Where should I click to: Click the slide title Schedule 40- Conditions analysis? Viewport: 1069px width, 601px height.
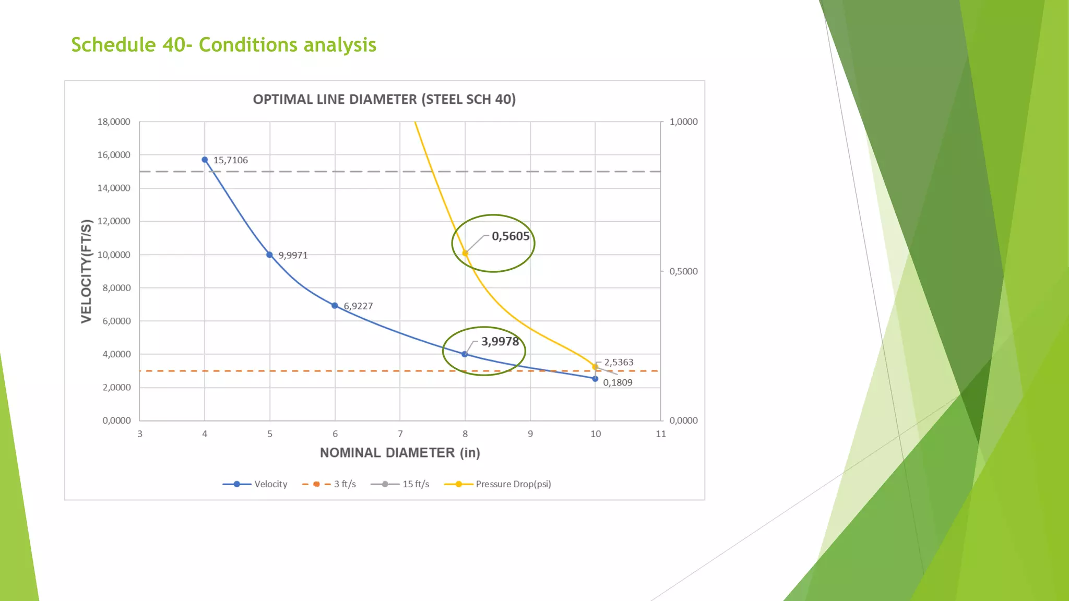point(223,45)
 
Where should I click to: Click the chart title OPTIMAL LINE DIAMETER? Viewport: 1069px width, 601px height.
point(384,99)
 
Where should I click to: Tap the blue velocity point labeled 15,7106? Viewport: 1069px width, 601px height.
point(205,160)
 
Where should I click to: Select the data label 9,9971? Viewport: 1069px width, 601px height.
point(293,255)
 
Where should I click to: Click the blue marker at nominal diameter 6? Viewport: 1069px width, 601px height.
point(335,306)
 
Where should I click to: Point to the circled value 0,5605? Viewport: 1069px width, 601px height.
point(510,236)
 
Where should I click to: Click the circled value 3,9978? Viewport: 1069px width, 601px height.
point(500,342)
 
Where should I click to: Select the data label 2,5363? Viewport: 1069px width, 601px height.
point(619,362)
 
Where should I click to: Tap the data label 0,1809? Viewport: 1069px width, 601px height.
point(617,382)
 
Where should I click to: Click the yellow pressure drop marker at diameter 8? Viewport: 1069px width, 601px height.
point(465,254)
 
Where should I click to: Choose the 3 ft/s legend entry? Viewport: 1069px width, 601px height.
point(329,484)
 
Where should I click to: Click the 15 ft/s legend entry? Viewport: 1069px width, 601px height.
point(400,484)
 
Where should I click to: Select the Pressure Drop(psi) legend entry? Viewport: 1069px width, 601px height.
point(497,484)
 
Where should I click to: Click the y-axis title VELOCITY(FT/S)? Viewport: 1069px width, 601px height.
point(87,271)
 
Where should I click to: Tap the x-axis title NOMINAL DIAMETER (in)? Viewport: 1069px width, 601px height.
point(400,452)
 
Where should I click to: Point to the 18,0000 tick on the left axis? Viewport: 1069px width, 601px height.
point(113,122)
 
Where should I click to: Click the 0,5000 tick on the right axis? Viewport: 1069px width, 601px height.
point(683,271)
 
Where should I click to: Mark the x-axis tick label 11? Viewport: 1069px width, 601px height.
point(661,434)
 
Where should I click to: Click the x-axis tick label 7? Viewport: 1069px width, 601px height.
point(400,434)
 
